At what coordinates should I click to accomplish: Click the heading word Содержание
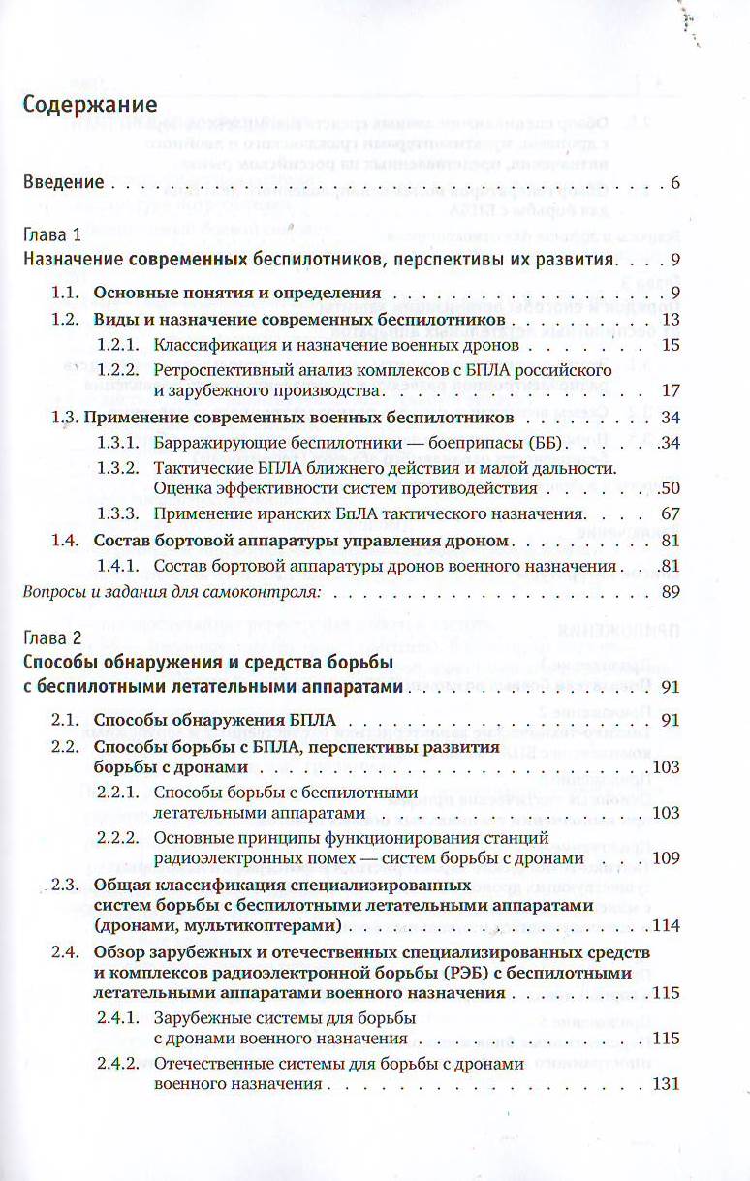(x=88, y=103)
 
